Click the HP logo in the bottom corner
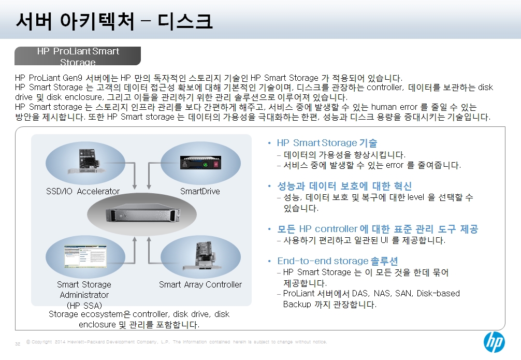[494, 342]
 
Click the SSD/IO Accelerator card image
[87, 162]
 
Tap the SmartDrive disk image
[200, 163]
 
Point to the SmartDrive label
[200, 192]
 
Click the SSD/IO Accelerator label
[83, 192]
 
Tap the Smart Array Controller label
[200, 284]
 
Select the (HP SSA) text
[84, 306]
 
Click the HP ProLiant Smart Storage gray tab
[78, 56]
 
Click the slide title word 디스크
[185, 21]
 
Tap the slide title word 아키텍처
[97, 21]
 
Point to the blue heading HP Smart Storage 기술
[327, 143]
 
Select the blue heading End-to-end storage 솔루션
[338, 261]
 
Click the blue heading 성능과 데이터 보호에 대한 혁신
[344, 186]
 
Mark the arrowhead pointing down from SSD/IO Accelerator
[135, 186]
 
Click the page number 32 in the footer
[18, 344]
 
